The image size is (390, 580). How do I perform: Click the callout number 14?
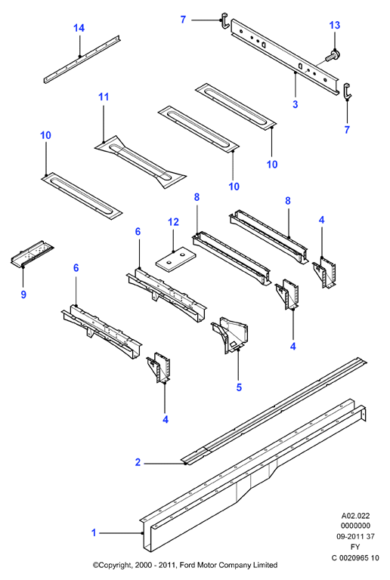pyautogui.click(x=79, y=28)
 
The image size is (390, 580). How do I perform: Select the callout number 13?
pyautogui.click(x=335, y=25)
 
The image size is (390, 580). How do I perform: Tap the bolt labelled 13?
pyautogui.click(x=333, y=56)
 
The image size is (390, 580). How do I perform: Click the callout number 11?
pyautogui.click(x=104, y=97)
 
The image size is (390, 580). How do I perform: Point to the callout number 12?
pyautogui.click(x=173, y=222)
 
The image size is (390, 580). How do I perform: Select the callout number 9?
pyautogui.click(x=23, y=295)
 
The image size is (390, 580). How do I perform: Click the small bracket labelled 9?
pyautogui.click(x=32, y=254)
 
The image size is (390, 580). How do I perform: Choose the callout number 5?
pyautogui.click(x=239, y=387)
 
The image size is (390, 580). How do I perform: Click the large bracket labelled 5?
pyautogui.click(x=231, y=335)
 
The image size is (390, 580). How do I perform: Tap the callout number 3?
pyautogui.click(x=296, y=104)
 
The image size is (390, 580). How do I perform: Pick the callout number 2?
pyautogui.click(x=138, y=462)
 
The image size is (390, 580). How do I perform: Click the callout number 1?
pyautogui.click(x=94, y=532)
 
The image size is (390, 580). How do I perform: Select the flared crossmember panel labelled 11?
pyautogui.click(x=141, y=162)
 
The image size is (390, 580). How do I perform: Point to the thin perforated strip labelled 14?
pyautogui.click(x=82, y=60)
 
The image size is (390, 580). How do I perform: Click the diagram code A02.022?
pyautogui.click(x=355, y=516)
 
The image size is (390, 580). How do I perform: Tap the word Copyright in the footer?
pyautogui.click(x=114, y=565)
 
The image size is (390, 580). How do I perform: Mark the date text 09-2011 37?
pyautogui.click(x=355, y=536)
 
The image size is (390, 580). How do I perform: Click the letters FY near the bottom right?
pyautogui.click(x=355, y=547)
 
